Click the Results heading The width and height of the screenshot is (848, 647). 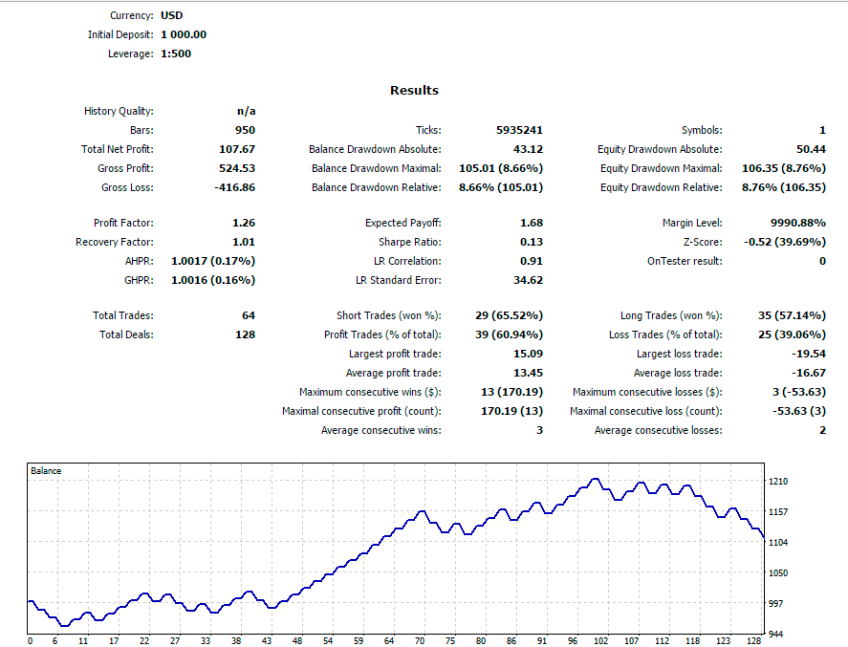click(x=414, y=91)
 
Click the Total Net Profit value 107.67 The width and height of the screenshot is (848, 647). click(x=237, y=149)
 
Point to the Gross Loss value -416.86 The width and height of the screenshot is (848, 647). click(x=234, y=187)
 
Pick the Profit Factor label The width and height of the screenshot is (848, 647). click(x=123, y=223)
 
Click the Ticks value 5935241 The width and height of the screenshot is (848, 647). click(x=519, y=130)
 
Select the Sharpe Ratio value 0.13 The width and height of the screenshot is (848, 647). click(x=532, y=242)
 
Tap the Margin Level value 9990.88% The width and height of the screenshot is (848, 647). click(x=795, y=223)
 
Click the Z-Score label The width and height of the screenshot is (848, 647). click(x=703, y=242)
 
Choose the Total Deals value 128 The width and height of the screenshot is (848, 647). click(x=245, y=334)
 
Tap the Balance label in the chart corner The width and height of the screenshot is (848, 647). click(x=46, y=471)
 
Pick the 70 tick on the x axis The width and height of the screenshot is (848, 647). click(x=419, y=641)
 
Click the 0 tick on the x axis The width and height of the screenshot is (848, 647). click(x=30, y=641)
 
